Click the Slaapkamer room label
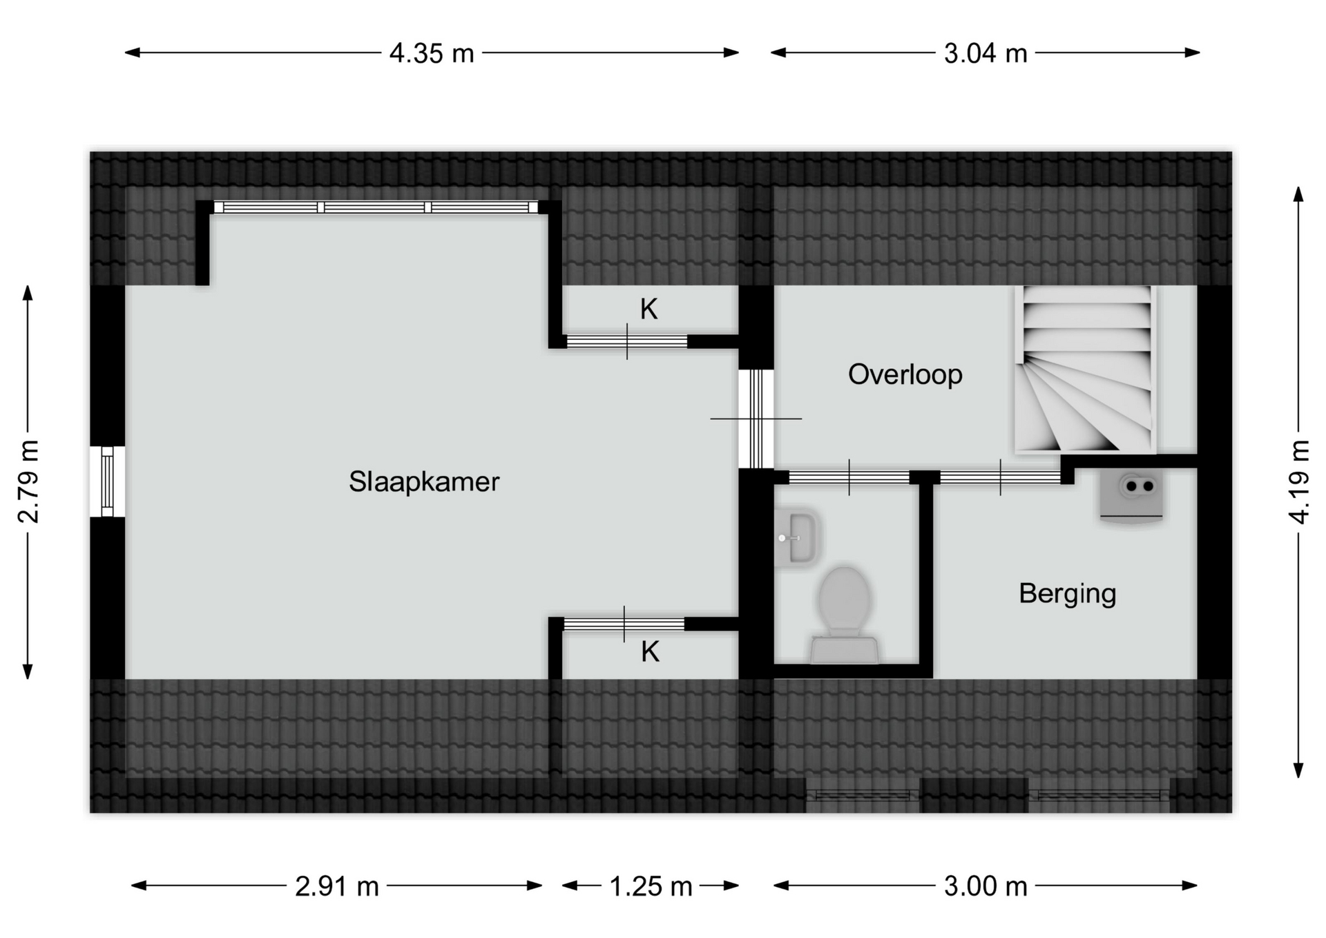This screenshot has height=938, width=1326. tap(423, 481)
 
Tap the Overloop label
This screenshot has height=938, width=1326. tap(905, 374)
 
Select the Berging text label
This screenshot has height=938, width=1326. tap(1067, 594)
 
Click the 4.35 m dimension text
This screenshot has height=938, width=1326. tap(432, 53)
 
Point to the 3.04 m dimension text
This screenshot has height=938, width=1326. tap(986, 53)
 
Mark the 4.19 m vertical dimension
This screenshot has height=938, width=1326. tap(1299, 481)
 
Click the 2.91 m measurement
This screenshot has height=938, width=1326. tap(337, 886)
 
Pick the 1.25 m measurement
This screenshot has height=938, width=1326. tap(651, 886)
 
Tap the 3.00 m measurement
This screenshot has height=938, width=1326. tap(986, 886)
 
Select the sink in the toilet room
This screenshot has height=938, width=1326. tap(798, 538)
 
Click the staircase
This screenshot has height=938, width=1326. tap(1085, 370)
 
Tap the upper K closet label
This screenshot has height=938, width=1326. tap(648, 309)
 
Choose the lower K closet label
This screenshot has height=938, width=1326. tap(650, 652)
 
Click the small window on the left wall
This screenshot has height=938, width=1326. tap(107, 481)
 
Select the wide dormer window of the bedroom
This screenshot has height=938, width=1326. tap(376, 207)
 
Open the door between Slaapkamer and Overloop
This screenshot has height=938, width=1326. tap(756, 419)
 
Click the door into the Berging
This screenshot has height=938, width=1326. tap(1000, 477)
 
